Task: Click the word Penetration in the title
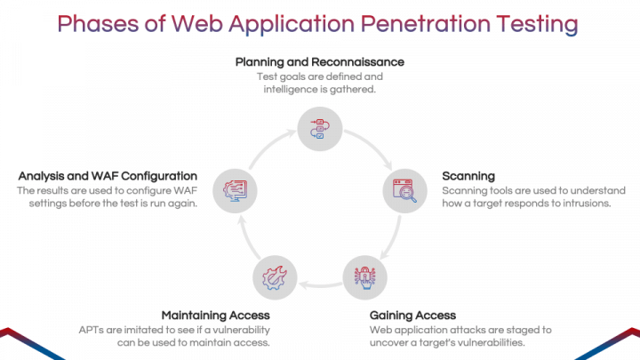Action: click(x=425, y=24)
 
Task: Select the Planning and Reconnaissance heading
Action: click(x=320, y=62)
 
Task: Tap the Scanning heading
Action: click(x=468, y=176)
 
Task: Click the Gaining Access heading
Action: click(x=412, y=316)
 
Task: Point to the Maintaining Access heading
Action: click(x=215, y=316)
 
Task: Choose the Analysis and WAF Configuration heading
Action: click(x=108, y=176)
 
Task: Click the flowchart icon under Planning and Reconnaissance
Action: click(x=320, y=129)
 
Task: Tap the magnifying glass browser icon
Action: click(x=404, y=190)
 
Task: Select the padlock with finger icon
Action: click(x=364, y=277)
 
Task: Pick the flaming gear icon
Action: click(x=275, y=277)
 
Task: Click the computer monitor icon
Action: click(x=235, y=191)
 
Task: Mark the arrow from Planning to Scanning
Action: click(x=371, y=146)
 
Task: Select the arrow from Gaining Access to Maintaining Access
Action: click(x=320, y=285)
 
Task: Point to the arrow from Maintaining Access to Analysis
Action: click(x=248, y=238)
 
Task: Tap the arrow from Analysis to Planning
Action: click(x=269, y=146)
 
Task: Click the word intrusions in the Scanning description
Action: click(x=587, y=204)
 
